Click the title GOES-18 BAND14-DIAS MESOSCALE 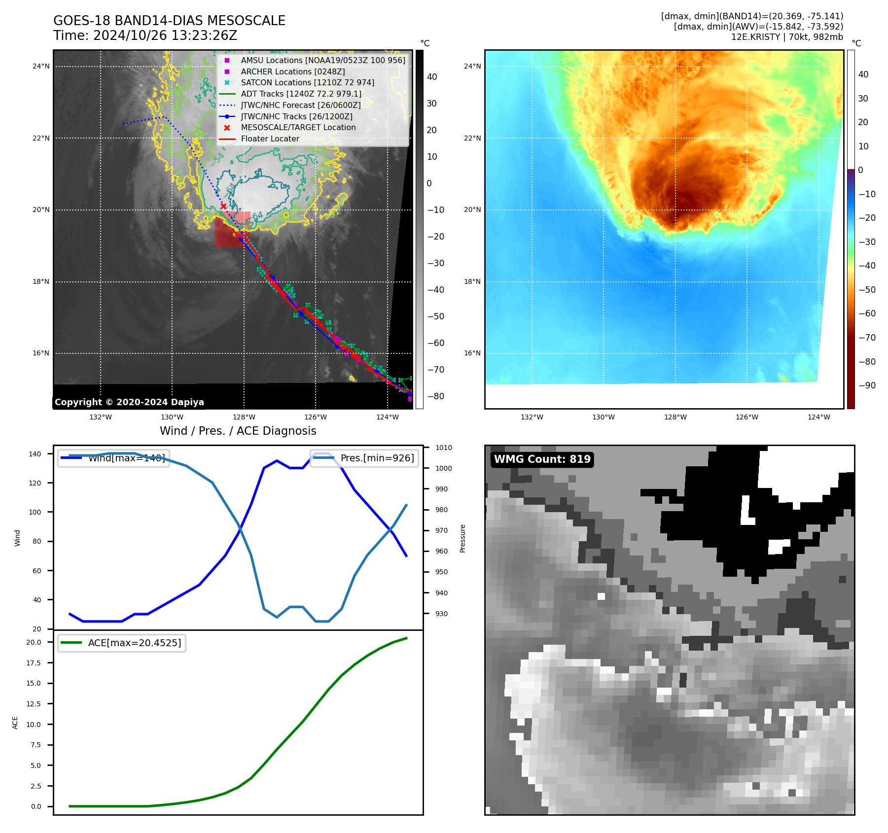(x=169, y=21)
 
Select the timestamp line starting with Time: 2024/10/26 (x=145, y=35)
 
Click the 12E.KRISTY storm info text (x=787, y=37)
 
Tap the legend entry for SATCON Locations (x=307, y=82)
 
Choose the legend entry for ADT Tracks (x=301, y=94)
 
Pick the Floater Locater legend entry (x=270, y=139)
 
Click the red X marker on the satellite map (x=223, y=206)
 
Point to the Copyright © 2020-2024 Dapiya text (x=129, y=402)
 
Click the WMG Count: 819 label (x=542, y=459)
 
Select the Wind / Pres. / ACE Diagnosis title (x=238, y=431)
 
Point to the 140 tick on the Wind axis (x=35, y=454)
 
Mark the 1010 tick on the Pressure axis (x=443, y=448)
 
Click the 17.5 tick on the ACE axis (x=34, y=663)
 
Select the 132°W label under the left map (x=101, y=417)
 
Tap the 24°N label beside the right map (x=472, y=66)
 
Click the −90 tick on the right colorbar (x=867, y=385)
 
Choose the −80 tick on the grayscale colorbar (x=435, y=396)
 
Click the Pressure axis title (x=462, y=538)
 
